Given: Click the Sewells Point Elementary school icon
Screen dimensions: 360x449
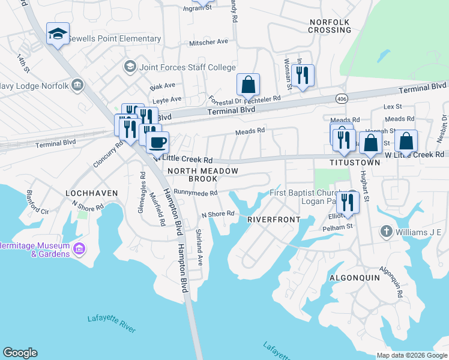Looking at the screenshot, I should (x=58, y=34).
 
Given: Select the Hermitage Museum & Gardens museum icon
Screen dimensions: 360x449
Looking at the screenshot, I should (x=79, y=248).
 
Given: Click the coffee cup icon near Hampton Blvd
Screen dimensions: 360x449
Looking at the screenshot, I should (x=158, y=143).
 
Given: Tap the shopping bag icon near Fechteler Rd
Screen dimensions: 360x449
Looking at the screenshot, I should (x=248, y=85).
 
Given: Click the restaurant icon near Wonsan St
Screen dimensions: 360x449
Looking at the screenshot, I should (x=303, y=76).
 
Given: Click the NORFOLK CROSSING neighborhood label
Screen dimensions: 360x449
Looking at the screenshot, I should (x=329, y=26).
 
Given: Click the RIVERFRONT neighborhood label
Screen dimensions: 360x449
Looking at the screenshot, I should (x=274, y=220).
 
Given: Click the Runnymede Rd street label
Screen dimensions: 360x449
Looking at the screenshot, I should (x=195, y=193).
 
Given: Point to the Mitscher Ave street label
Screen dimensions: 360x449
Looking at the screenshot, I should (x=209, y=42).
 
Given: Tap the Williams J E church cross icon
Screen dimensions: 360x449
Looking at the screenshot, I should (x=387, y=232).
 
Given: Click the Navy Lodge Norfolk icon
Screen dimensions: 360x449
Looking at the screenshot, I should (x=77, y=85).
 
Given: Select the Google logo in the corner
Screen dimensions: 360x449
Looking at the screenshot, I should (x=20, y=353).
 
